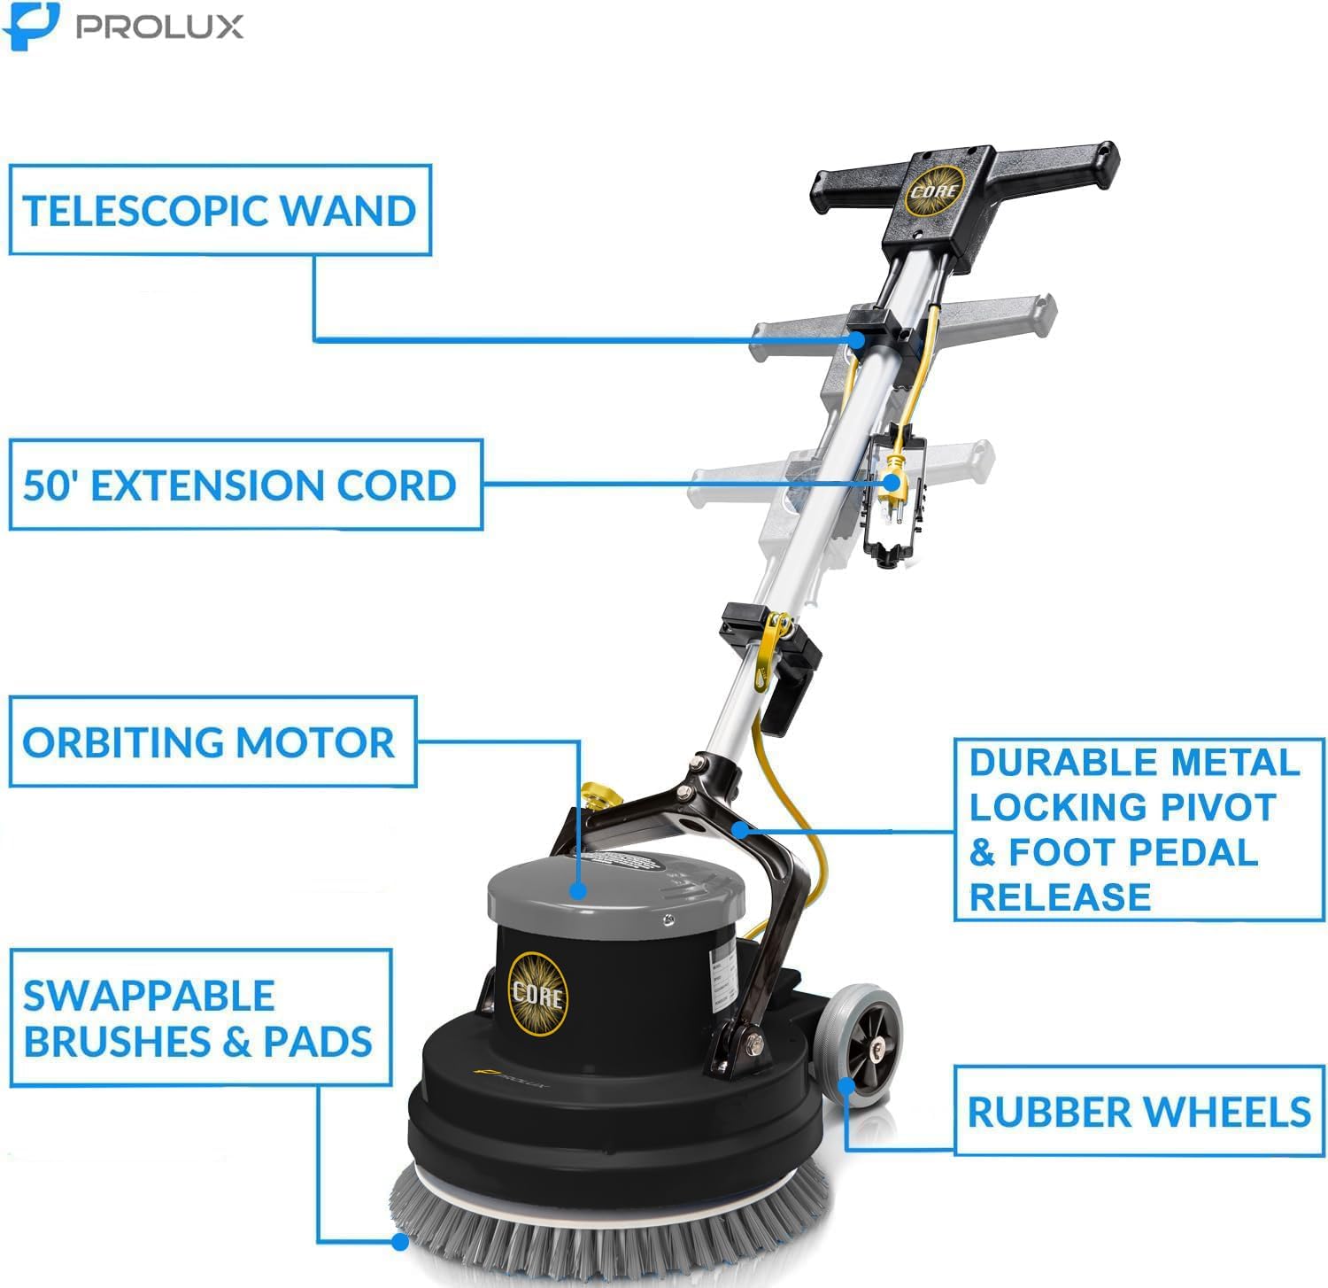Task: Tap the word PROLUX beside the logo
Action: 159,27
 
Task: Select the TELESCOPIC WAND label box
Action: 220,210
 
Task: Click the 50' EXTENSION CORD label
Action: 240,485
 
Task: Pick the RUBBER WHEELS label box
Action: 1139,1112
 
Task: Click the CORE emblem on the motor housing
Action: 537,994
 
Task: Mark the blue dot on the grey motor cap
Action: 578,890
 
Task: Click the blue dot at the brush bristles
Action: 400,1242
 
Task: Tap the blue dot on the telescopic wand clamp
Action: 856,339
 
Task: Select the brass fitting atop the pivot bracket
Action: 594,794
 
